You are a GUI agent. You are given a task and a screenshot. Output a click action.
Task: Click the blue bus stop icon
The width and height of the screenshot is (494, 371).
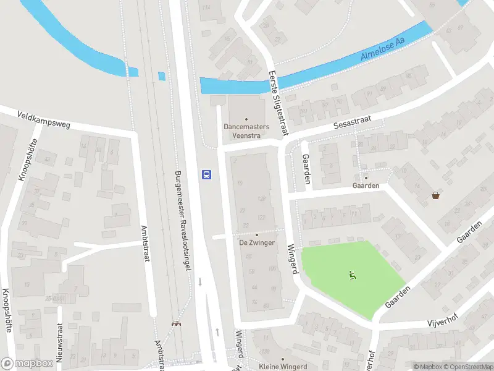(207, 174)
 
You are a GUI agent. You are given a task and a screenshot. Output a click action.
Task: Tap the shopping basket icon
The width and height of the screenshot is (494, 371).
(436, 195)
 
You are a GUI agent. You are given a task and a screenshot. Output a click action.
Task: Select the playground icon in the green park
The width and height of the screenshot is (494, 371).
(353, 275)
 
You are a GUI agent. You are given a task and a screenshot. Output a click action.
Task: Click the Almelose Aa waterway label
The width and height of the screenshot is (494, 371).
(383, 49)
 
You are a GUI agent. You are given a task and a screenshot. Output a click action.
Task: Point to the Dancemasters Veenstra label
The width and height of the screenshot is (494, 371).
(246, 130)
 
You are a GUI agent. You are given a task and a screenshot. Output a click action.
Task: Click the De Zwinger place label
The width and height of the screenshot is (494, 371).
(257, 242)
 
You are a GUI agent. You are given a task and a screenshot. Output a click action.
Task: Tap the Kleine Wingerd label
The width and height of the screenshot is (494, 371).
(283, 367)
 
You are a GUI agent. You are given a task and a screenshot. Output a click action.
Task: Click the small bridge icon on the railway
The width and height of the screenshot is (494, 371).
(175, 323)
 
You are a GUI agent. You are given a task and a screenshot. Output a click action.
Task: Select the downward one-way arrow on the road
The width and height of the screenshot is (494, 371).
(199, 282)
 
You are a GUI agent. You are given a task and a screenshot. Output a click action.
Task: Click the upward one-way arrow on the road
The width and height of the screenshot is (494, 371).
(217, 332)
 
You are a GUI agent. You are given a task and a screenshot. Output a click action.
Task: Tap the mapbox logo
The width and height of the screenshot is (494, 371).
(27, 364)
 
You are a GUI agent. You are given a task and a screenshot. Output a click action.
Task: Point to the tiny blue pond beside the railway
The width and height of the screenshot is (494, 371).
(162, 76)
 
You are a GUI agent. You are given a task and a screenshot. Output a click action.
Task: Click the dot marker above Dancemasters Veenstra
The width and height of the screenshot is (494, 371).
(246, 119)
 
